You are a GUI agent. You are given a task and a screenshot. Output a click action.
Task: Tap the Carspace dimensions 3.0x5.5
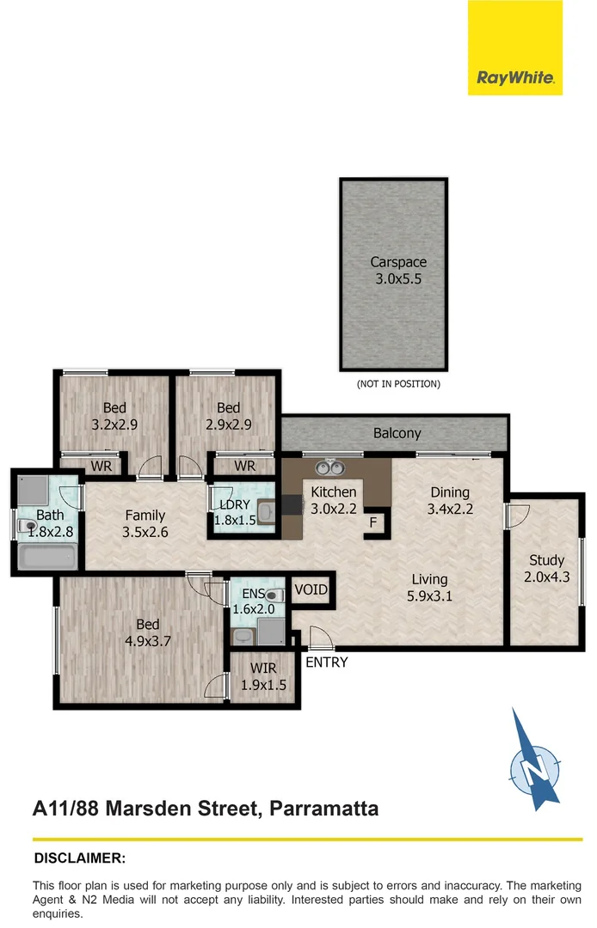pyautogui.click(x=398, y=278)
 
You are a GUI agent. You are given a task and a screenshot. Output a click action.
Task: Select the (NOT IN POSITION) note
pyautogui.click(x=398, y=384)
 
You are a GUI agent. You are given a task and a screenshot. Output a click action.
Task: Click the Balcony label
pyautogui.click(x=397, y=433)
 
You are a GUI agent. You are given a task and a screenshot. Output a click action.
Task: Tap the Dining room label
pyautogui.click(x=449, y=492)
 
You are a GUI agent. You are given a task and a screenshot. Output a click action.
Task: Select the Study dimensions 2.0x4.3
pyautogui.click(x=546, y=577)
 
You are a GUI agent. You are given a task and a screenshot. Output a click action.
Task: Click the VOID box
pyautogui.click(x=311, y=590)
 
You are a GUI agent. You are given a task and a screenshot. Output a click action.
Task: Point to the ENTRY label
pyautogui.click(x=327, y=662)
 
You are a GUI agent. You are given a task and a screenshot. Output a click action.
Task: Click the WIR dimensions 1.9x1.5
pyautogui.click(x=263, y=685)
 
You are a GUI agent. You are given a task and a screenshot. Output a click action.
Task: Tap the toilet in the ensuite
pyautogui.click(x=274, y=594)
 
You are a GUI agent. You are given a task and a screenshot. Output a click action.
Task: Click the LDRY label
pyautogui.click(x=233, y=504)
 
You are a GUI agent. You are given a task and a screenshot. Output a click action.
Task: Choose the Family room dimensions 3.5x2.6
pyautogui.click(x=145, y=533)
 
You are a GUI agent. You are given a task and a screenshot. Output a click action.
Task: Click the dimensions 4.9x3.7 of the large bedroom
pyautogui.click(x=145, y=641)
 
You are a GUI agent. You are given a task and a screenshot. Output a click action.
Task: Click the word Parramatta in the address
pyautogui.click(x=323, y=809)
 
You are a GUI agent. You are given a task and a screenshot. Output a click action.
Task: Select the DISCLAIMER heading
pyautogui.click(x=79, y=858)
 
